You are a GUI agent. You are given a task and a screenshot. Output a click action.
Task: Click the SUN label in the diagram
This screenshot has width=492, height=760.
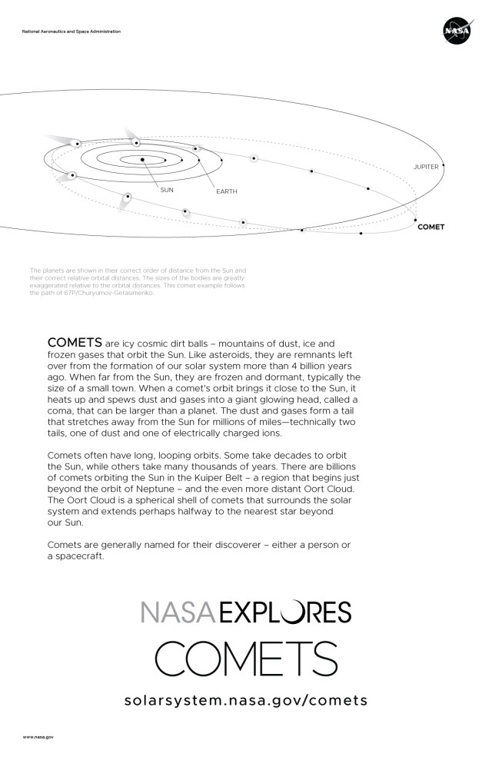pyautogui.click(x=167, y=188)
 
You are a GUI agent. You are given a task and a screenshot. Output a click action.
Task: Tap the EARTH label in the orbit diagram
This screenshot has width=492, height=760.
pyautogui.click(x=227, y=191)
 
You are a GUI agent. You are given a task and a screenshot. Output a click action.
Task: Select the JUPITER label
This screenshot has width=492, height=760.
pyautogui.click(x=425, y=166)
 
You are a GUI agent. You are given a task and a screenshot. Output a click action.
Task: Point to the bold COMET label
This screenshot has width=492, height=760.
pyautogui.click(x=430, y=227)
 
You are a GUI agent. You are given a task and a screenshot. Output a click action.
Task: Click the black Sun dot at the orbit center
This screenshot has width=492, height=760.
pyautogui.click(x=143, y=159)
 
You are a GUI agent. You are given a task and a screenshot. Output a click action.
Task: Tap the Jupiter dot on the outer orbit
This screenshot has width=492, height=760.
pyautogui.click(x=443, y=165)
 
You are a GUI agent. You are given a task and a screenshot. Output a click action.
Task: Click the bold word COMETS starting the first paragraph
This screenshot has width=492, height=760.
pyautogui.click(x=75, y=341)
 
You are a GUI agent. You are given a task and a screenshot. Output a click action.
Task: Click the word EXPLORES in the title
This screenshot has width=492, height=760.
pyautogui.click(x=285, y=612)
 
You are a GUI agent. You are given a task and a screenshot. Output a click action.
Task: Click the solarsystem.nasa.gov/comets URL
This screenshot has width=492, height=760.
pyautogui.click(x=246, y=700)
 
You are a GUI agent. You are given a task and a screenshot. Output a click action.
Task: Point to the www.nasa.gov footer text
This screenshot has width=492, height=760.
pyautogui.click(x=38, y=737)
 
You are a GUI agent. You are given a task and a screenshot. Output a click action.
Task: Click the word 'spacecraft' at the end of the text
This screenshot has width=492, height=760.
pyautogui.click(x=79, y=556)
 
